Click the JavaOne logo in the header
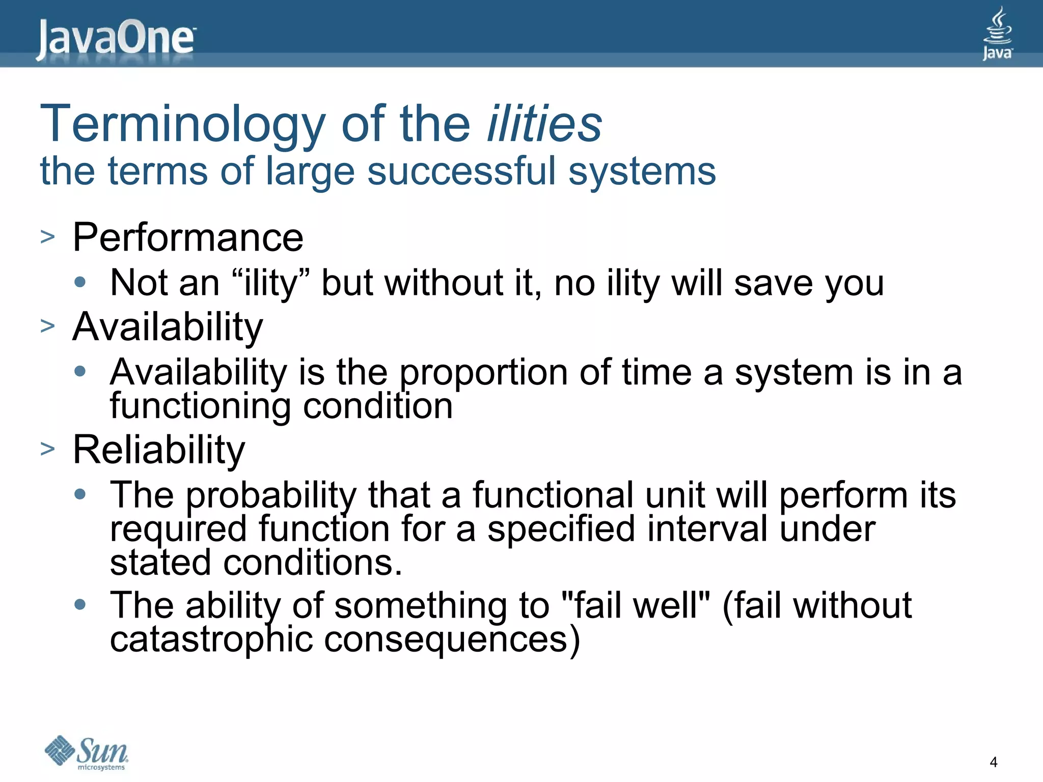(x=116, y=38)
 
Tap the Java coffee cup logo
(x=997, y=33)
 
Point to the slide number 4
(x=993, y=762)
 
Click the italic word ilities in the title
(x=544, y=124)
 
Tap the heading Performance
(x=187, y=237)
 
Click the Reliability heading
(x=159, y=450)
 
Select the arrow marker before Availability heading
(x=47, y=326)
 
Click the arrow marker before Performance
(x=47, y=237)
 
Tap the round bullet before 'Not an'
(x=80, y=282)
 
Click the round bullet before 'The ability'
(x=80, y=605)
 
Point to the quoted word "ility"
(x=270, y=283)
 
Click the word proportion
(x=483, y=373)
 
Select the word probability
(x=271, y=495)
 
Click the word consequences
(x=446, y=640)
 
